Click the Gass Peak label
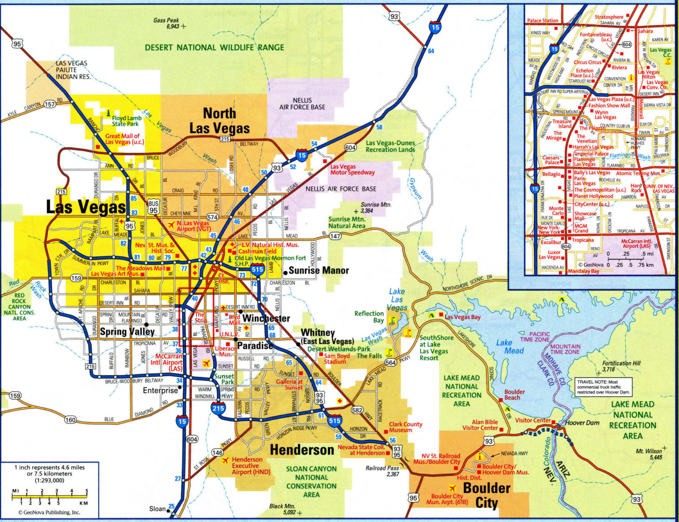[x=166, y=23]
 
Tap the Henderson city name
[x=302, y=450]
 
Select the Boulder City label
[x=486, y=495]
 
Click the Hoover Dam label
[x=582, y=422]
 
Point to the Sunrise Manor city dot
[x=285, y=271]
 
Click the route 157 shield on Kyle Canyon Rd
[x=50, y=104]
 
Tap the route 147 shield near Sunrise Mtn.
[x=335, y=236]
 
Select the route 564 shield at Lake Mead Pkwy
[x=390, y=363]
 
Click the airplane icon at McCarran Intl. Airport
[x=206, y=363]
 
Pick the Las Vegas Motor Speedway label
[x=352, y=169]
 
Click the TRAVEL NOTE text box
[x=603, y=387]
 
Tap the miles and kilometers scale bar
[x=50, y=497]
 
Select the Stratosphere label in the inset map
[x=609, y=17]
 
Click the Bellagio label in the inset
[x=551, y=174]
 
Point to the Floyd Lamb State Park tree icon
[x=108, y=114]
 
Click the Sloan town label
[x=157, y=509]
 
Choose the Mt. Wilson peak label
[x=649, y=454]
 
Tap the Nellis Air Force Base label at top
[x=302, y=104]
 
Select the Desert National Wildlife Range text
[x=214, y=47]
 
